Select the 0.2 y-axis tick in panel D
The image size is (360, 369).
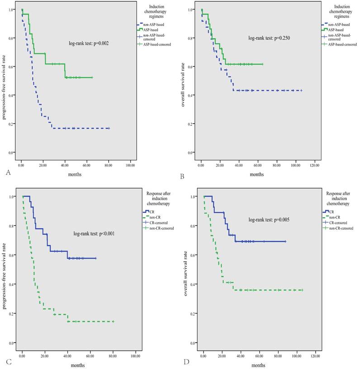(193, 314)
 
